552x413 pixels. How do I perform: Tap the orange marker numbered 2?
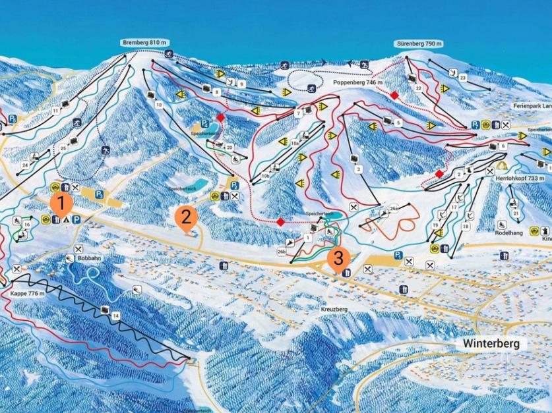[x=185, y=217]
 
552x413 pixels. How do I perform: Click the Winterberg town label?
[x=491, y=343]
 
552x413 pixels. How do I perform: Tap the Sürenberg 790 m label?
[x=419, y=43]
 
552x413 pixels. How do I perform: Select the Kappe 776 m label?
[x=28, y=293]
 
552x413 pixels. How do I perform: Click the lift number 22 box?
[x=418, y=88]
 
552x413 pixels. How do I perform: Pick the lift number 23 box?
[x=463, y=78]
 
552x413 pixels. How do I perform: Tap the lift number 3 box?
[x=359, y=169]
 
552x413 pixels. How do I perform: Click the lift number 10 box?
[x=158, y=105]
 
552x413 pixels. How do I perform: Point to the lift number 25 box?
[x=64, y=148]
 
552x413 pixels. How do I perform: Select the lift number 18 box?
[x=466, y=226]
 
